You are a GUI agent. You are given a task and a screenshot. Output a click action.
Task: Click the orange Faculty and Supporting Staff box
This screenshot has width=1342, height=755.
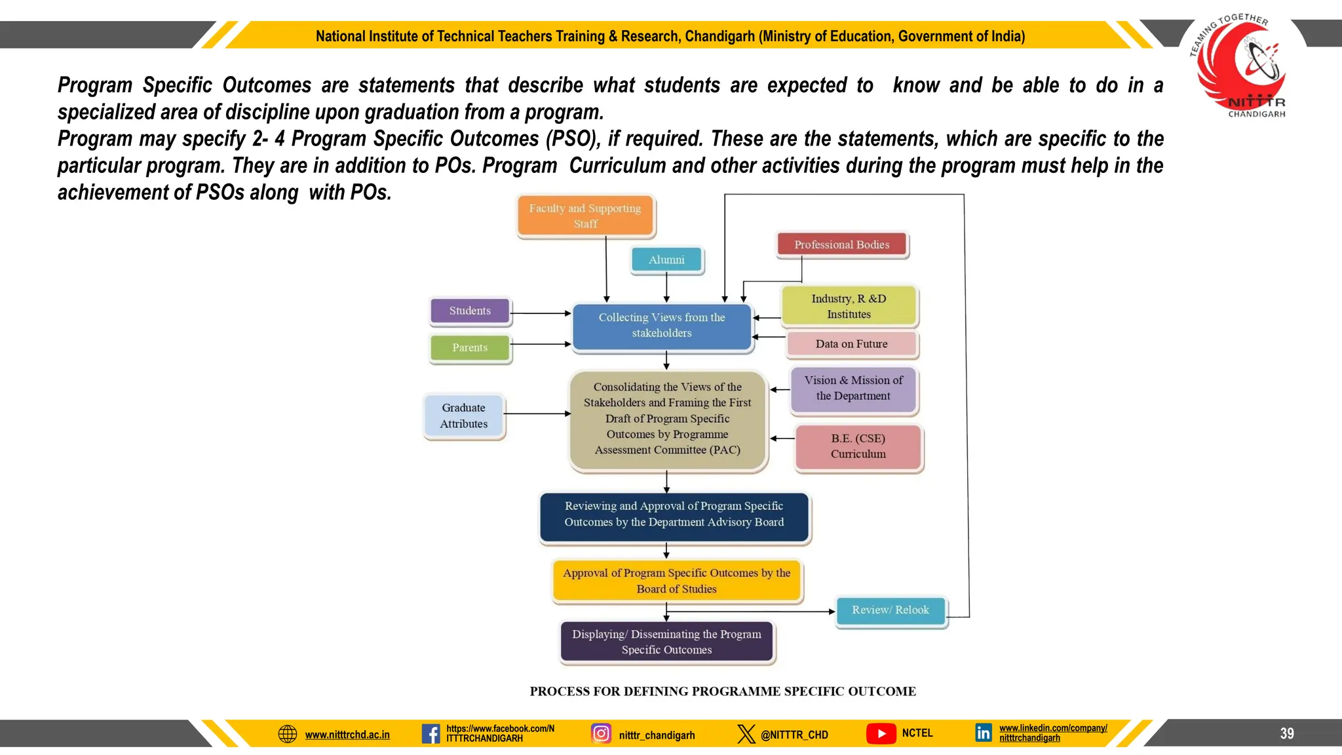[585, 216]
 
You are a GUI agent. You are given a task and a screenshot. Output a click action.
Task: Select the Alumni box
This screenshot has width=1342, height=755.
[666, 260]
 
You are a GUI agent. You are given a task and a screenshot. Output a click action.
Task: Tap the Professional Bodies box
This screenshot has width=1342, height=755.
[842, 244]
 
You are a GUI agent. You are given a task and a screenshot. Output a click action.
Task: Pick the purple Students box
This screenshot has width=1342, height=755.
[470, 311]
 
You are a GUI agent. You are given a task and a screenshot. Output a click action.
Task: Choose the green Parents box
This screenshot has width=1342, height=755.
[470, 347]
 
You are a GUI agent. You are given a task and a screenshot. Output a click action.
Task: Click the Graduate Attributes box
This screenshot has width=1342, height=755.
[464, 416]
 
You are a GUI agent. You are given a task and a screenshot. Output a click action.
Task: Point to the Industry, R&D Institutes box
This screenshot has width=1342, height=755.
[849, 306]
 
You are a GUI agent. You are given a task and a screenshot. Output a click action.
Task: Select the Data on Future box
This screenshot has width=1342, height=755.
[851, 344]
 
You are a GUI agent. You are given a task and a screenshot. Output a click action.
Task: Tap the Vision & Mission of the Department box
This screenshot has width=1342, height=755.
[853, 389]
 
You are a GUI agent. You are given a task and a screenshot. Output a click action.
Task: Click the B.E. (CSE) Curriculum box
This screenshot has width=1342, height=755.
[858, 446]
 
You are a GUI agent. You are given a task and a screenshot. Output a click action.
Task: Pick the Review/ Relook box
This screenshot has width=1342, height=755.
[890, 610]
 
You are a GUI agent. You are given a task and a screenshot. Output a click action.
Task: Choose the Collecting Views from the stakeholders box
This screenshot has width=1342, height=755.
[662, 326]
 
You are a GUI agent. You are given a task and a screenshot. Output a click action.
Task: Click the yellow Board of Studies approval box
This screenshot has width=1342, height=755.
[676, 581]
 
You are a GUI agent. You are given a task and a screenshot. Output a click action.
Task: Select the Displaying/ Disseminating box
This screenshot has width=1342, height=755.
[666, 642]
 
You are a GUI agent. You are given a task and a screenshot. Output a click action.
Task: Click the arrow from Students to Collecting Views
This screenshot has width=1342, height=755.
[541, 313]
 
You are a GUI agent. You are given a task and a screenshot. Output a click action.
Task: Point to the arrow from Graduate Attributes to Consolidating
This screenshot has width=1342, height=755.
[537, 414]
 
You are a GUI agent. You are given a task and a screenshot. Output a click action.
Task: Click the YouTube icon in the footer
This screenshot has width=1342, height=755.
[881, 733]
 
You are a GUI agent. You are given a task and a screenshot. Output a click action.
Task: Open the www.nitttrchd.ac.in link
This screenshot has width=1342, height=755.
[347, 735]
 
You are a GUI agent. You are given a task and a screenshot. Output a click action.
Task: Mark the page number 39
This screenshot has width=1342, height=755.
[1287, 733]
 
